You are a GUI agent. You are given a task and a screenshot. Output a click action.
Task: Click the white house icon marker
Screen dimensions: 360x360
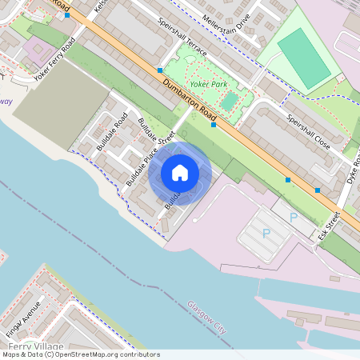click(x=180, y=173)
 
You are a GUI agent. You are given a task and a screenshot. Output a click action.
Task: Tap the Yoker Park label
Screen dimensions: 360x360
click(x=207, y=83)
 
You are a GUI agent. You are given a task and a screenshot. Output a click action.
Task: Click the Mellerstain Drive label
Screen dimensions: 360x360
click(x=226, y=27)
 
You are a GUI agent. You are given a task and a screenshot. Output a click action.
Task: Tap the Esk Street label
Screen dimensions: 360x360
click(x=330, y=226)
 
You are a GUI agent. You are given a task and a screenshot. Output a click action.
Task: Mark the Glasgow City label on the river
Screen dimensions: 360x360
click(x=207, y=316)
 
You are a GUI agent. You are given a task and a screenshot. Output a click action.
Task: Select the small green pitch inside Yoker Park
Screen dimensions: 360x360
click(x=230, y=101)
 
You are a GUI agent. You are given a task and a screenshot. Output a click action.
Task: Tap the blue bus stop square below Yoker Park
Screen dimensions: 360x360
click(x=214, y=125)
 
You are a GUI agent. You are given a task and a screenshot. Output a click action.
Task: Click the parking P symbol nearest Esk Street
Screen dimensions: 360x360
click(x=293, y=217)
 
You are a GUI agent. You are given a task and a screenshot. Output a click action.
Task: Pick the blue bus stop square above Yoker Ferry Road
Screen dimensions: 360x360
click(x=67, y=14)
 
